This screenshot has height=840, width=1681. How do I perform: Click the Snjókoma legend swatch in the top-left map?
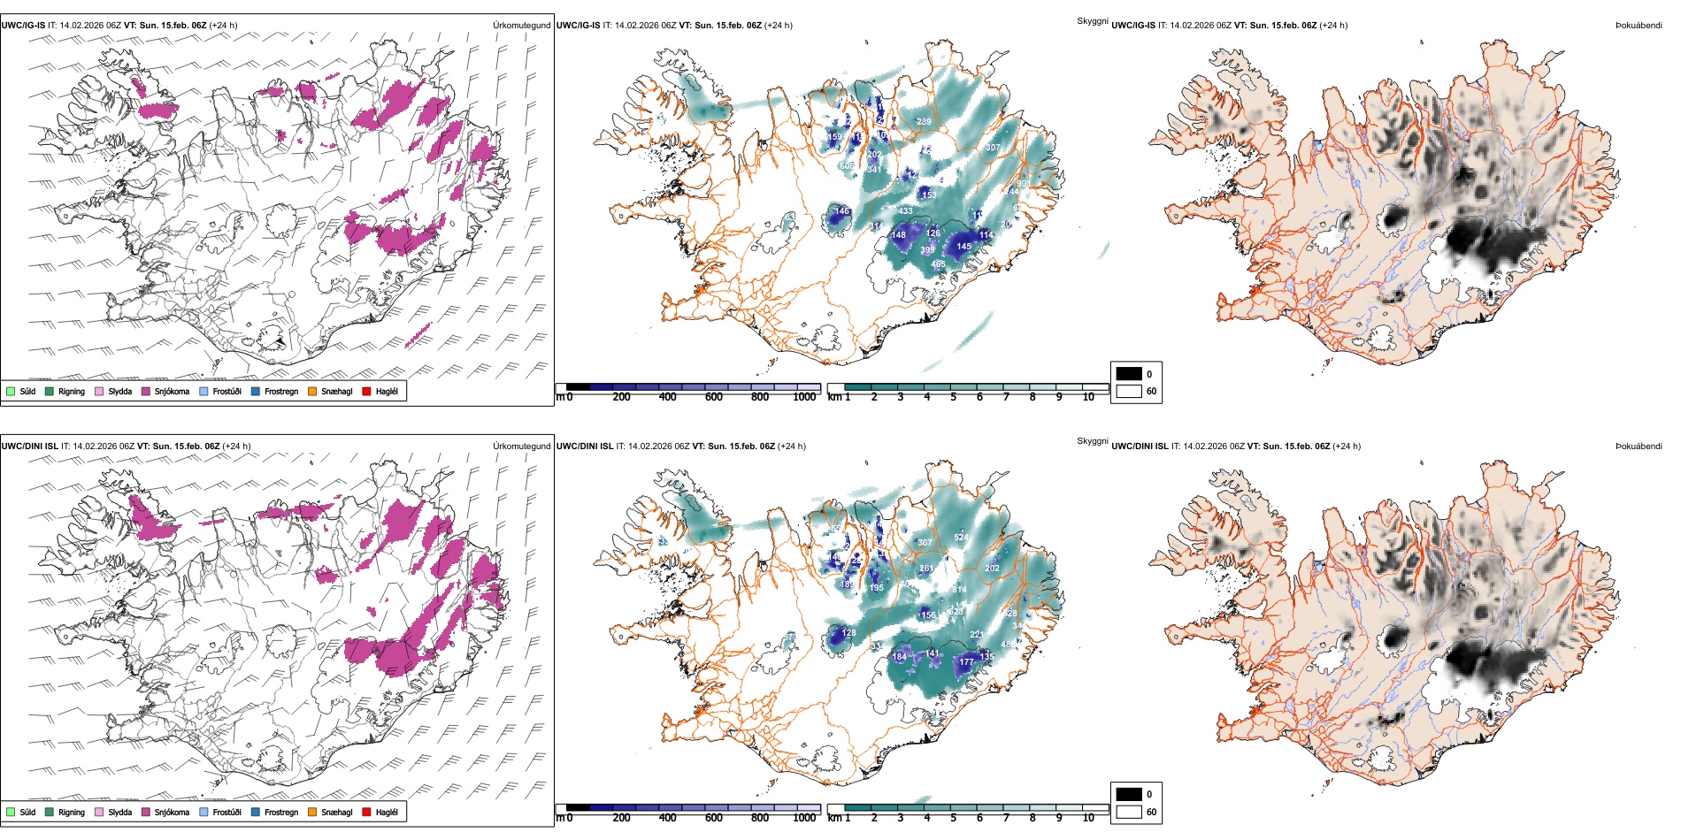(x=146, y=391)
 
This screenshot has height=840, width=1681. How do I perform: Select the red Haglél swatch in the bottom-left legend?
(x=366, y=812)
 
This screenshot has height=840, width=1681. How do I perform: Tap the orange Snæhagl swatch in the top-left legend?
(x=312, y=391)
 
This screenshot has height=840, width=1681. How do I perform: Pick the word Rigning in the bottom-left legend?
(x=72, y=812)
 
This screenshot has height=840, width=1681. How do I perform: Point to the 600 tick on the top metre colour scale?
(x=713, y=397)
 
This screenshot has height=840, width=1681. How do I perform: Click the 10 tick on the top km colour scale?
(x=1088, y=397)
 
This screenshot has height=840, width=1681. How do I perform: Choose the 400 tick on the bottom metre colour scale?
(x=667, y=818)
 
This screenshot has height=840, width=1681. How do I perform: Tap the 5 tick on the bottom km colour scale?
(x=953, y=818)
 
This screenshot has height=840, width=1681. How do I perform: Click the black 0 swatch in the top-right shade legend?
(x=1129, y=374)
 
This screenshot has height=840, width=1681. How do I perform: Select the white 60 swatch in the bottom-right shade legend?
(x=1129, y=812)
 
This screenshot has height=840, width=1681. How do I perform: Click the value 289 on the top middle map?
(x=924, y=122)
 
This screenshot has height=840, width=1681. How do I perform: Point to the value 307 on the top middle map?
(x=993, y=148)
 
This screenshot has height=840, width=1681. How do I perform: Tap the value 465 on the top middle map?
(x=938, y=264)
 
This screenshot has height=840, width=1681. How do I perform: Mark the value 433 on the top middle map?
(x=905, y=211)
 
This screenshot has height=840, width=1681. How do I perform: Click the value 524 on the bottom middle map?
(x=961, y=538)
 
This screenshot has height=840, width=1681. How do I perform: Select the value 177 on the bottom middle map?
(x=966, y=661)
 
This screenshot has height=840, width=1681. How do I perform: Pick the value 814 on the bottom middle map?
(x=959, y=590)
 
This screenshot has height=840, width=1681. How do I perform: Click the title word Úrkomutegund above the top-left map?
(x=521, y=26)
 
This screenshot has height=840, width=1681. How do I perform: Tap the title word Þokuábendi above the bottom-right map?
(x=1639, y=447)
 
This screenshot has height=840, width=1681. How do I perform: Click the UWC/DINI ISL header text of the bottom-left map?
(x=29, y=447)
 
